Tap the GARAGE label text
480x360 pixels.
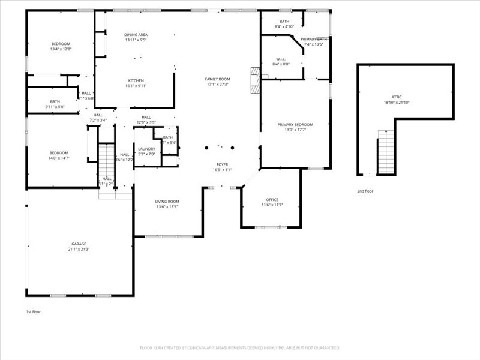pos(79,244)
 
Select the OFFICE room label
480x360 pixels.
pos(272,200)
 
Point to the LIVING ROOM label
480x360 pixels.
pos(168,202)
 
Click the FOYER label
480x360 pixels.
pos(223,164)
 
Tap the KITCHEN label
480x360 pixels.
pos(136,80)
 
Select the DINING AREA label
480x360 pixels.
pos(136,35)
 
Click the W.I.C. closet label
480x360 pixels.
pos(281,58)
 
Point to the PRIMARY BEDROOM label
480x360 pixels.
pos(295,125)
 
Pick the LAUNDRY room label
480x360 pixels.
pos(147,149)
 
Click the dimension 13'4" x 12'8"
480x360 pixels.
pos(61,49)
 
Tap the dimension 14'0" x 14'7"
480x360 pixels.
pos(59,158)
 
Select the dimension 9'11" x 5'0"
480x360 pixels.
pos(55,107)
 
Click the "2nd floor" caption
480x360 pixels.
pos(365,191)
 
